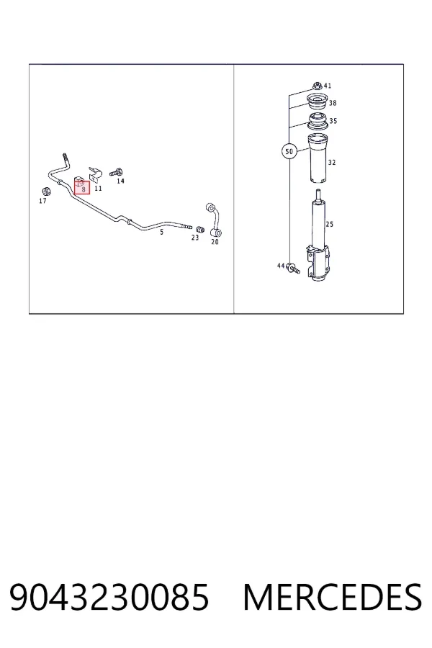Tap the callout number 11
[x=98, y=189]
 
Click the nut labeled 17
[x=46, y=192]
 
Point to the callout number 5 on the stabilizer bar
[x=161, y=233]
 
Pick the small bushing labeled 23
[x=199, y=230]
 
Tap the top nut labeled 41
[x=317, y=86]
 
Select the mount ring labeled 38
[x=317, y=101]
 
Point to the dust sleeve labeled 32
[x=317, y=158]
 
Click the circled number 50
[x=289, y=152]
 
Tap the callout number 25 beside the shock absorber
[x=330, y=225]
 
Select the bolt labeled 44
[x=294, y=269]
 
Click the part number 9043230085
[x=109, y=597]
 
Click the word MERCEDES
[x=333, y=597]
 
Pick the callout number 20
[x=215, y=242]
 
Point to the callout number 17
[x=42, y=202]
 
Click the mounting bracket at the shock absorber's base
[x=318, y=264]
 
